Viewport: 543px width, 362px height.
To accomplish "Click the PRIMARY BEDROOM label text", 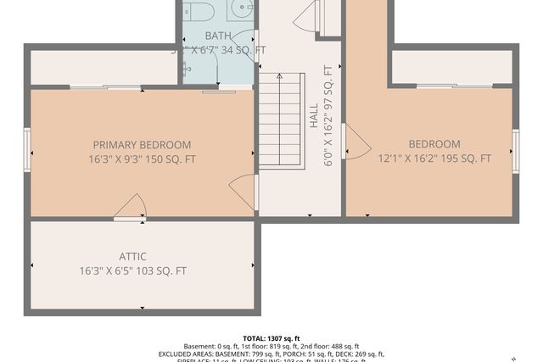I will pyautogui.click(x=142, y=145).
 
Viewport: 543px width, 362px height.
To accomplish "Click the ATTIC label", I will pyautogui.click(x=132, y=257).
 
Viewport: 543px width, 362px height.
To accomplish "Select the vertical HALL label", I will pyautogui.click(x=314, y=117).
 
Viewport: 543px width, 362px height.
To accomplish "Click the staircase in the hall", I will pyautogui.click(x=281, y=120).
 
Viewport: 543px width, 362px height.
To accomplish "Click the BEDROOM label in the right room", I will pyautogui.click(x=434, y=144).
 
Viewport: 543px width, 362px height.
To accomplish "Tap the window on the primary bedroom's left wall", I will pyautogui.click(x=27, y=149).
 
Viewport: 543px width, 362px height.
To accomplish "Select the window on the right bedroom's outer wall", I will pyautogui.click(x=516, y=151).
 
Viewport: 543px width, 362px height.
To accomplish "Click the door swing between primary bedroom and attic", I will pyautogui.click(x=131, y=207).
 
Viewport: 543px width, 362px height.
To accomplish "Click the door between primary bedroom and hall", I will pyautogui.click(x=244, y=191).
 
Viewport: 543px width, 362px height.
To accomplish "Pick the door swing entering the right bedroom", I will pyautogui.click(x=355, y=142).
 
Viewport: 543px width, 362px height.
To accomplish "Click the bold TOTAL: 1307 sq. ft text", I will pyautogui.click(x=271, y=338).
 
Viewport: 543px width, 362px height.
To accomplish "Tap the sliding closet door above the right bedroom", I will pyautogui.click(x=454, y=86).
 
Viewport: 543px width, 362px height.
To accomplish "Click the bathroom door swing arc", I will pyautogui.click(x=244, y=38).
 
